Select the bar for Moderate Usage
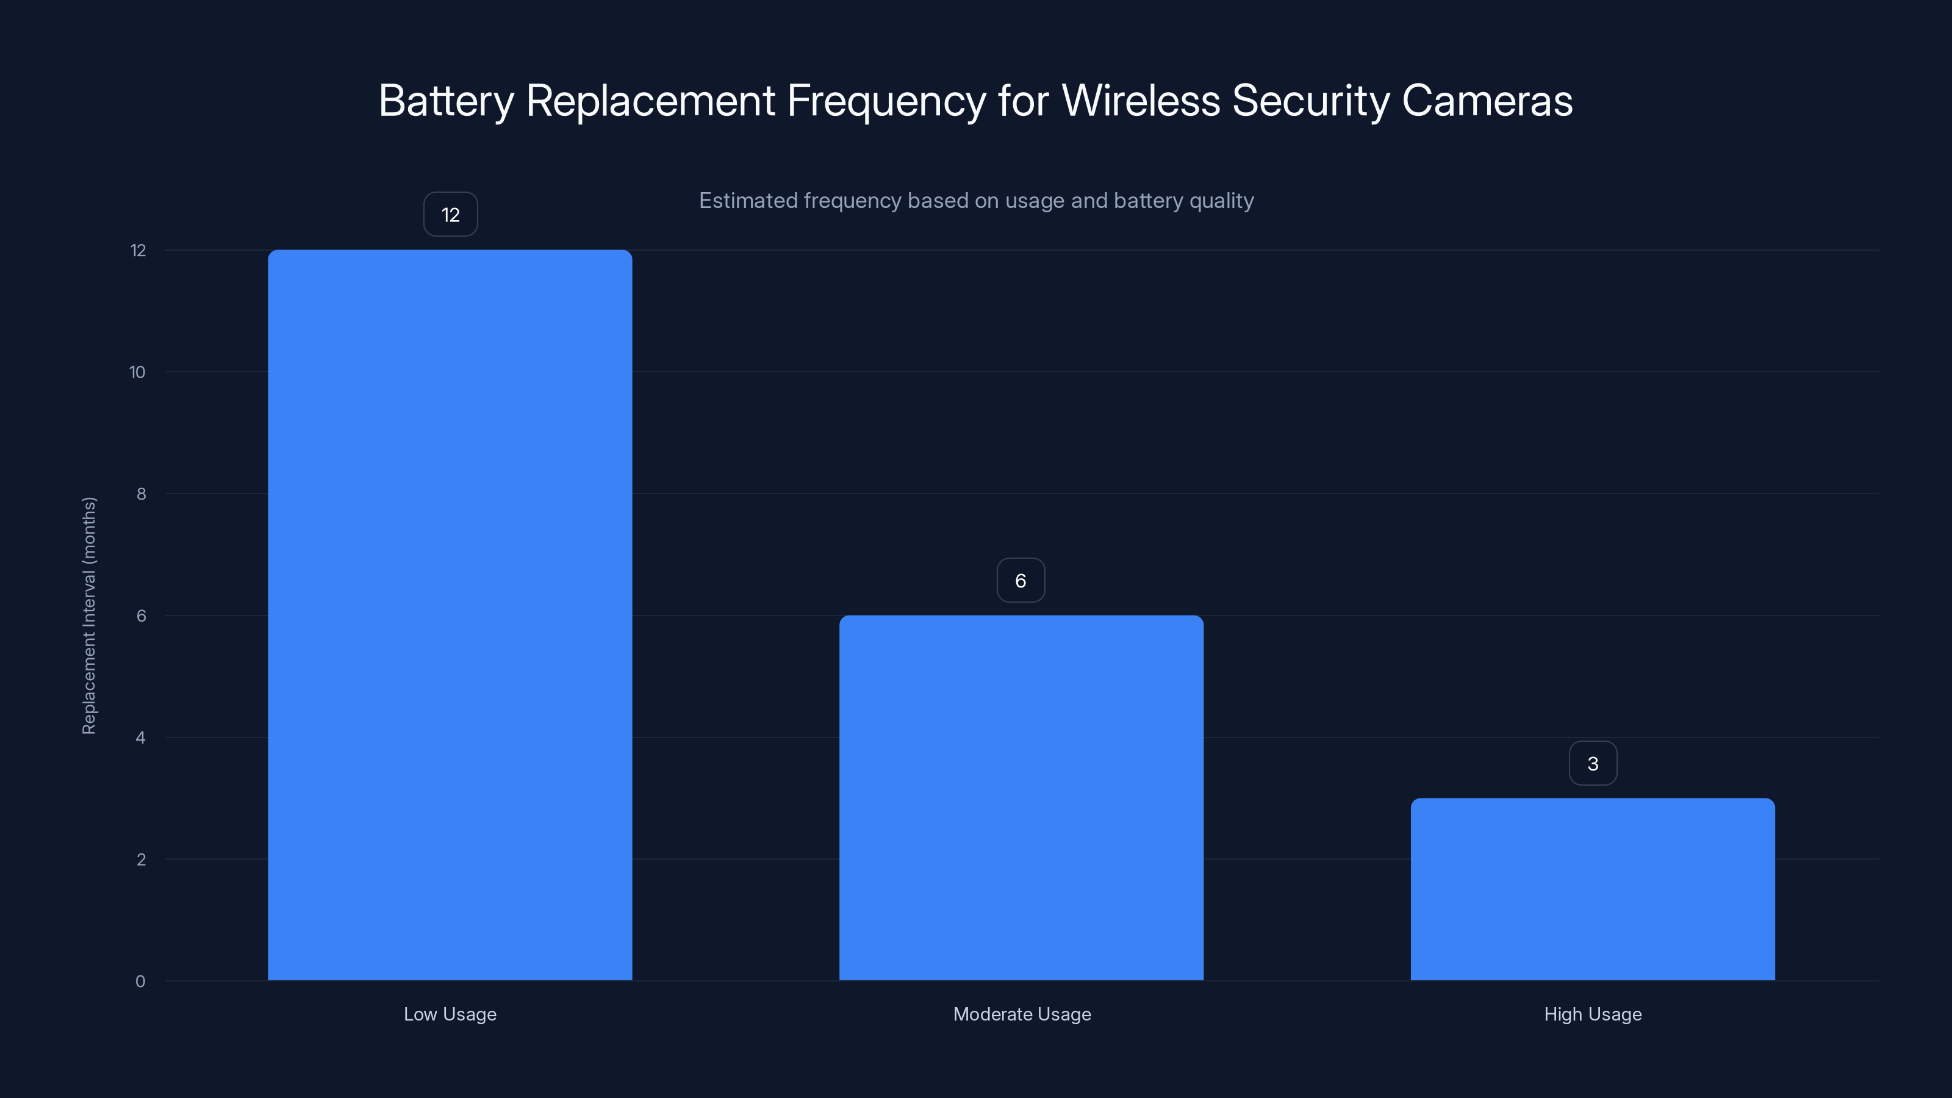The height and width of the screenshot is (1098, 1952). (1021, 797)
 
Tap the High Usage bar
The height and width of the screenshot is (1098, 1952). (1592, 889)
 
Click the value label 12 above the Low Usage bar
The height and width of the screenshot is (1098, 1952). (450, 215)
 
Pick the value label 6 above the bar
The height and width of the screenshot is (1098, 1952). (1021, 581)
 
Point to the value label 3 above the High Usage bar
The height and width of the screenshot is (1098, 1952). (1592, 763)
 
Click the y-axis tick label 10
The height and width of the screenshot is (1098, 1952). (137, 372)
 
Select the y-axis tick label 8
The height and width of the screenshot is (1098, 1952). (141, 494)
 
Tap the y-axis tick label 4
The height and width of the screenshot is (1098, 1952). (140, 737)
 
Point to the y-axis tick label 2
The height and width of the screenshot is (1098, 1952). (141, 859)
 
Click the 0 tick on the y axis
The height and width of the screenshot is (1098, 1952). (140, 981)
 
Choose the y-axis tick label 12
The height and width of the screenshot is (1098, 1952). (138, 250)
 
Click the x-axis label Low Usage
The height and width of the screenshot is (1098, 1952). (450, 1014)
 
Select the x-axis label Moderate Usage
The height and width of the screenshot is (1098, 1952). (1022, 1014)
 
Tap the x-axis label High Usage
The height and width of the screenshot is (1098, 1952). (1592, 1014)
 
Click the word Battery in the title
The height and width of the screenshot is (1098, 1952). (445, 101)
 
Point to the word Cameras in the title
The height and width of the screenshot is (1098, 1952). (1487, 100)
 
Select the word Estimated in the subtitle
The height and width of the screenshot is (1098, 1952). (747, 201)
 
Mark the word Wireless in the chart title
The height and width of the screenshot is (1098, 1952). (1141, 100)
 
